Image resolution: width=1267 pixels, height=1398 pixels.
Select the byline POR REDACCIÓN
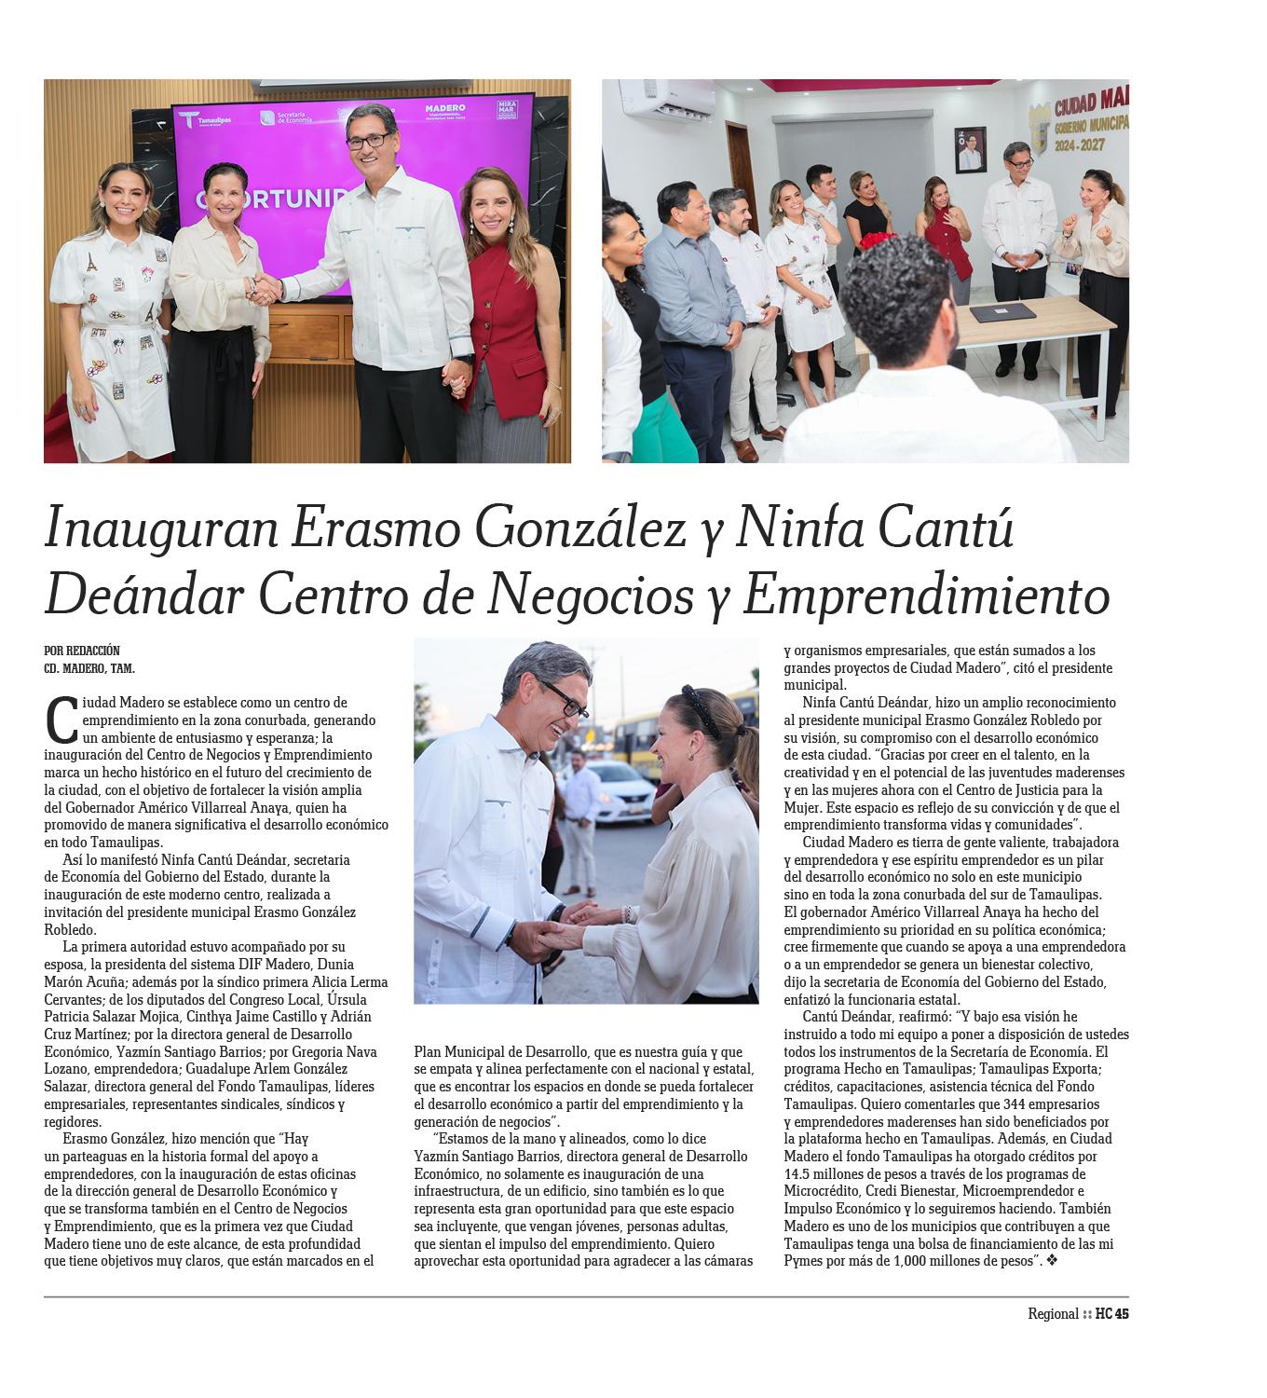pyautogui.click(x=82, y=651)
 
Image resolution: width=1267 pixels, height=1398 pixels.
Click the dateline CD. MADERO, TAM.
pyautogui.click(x=89, y=668)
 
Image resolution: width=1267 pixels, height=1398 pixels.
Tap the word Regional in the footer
pyautogui.click(x=1053, y=1314)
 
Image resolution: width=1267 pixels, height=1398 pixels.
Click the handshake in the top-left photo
pyautogui.click(x=266, y=289)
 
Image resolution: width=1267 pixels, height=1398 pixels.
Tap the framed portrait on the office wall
pyautogui.click(x=970, y=149)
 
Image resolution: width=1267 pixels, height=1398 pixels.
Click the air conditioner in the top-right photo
pyautogui.click(x=666, y=98)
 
